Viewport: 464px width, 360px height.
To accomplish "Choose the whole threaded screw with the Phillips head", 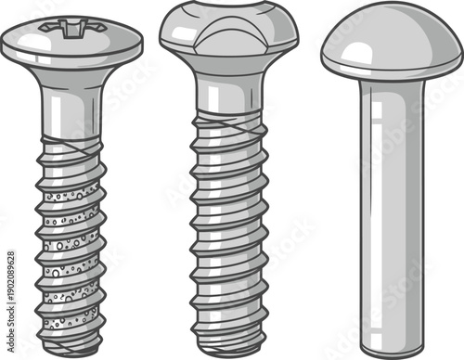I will [71, 186].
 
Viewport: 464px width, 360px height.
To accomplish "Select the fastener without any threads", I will [391, 186].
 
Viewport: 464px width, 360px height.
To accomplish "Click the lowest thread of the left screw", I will [71, 329].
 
